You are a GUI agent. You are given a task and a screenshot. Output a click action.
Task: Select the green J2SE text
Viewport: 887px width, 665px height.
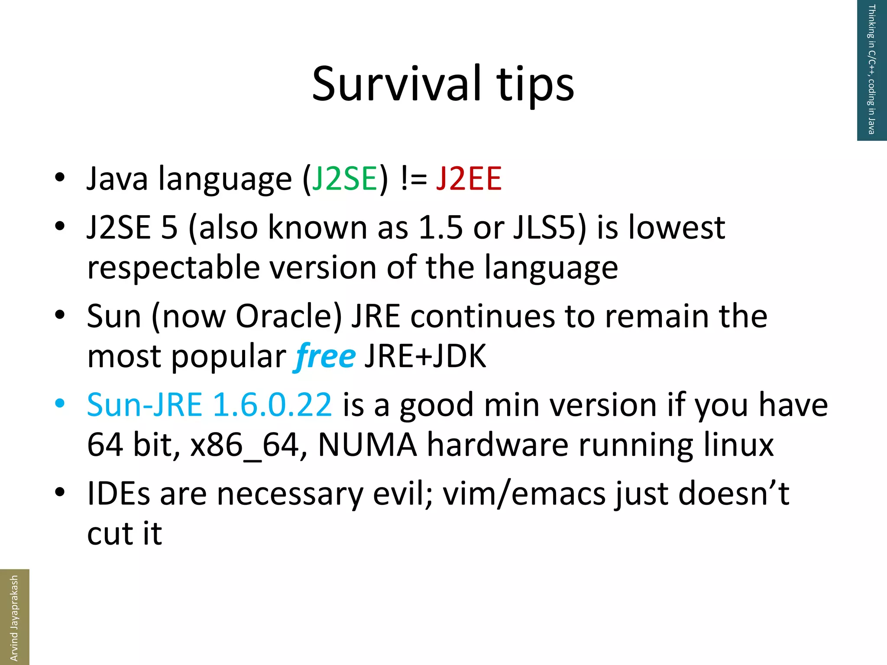[x=345, y=178]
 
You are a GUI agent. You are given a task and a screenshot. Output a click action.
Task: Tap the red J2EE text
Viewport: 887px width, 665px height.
[x=469, y=178]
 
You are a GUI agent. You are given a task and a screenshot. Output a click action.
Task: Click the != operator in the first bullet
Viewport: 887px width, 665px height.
[x=414, y=178]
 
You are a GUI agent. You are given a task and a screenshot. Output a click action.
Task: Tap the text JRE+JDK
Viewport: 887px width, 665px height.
[x=425, y=356]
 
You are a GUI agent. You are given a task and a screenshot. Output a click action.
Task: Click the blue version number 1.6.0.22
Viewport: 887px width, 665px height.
[x=272, y=405]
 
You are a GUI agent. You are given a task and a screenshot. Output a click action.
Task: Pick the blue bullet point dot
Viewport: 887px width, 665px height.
[x=60, y=404]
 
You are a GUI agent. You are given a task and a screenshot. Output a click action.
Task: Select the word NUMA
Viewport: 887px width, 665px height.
[x=367, y=445]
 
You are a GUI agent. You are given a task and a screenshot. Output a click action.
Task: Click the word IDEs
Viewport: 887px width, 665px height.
[x=118, y=494]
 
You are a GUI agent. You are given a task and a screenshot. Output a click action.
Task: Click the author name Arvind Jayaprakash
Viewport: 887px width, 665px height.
[x=14, y=618]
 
